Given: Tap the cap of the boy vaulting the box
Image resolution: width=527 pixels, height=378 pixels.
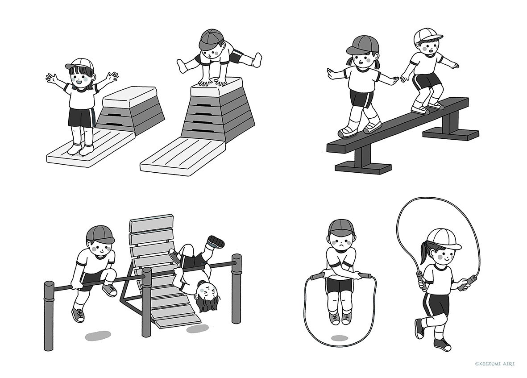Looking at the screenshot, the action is (211, 39).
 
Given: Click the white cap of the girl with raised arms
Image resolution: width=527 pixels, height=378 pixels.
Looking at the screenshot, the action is (79, 63).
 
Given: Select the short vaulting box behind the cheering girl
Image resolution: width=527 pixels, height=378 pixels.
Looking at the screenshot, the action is (131, 109).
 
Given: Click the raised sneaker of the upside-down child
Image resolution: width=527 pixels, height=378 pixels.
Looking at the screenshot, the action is (216, 241).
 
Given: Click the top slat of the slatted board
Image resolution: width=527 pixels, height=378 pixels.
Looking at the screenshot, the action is (152, 224).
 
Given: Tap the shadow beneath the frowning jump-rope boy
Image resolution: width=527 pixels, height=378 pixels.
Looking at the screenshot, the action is (339, 338).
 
